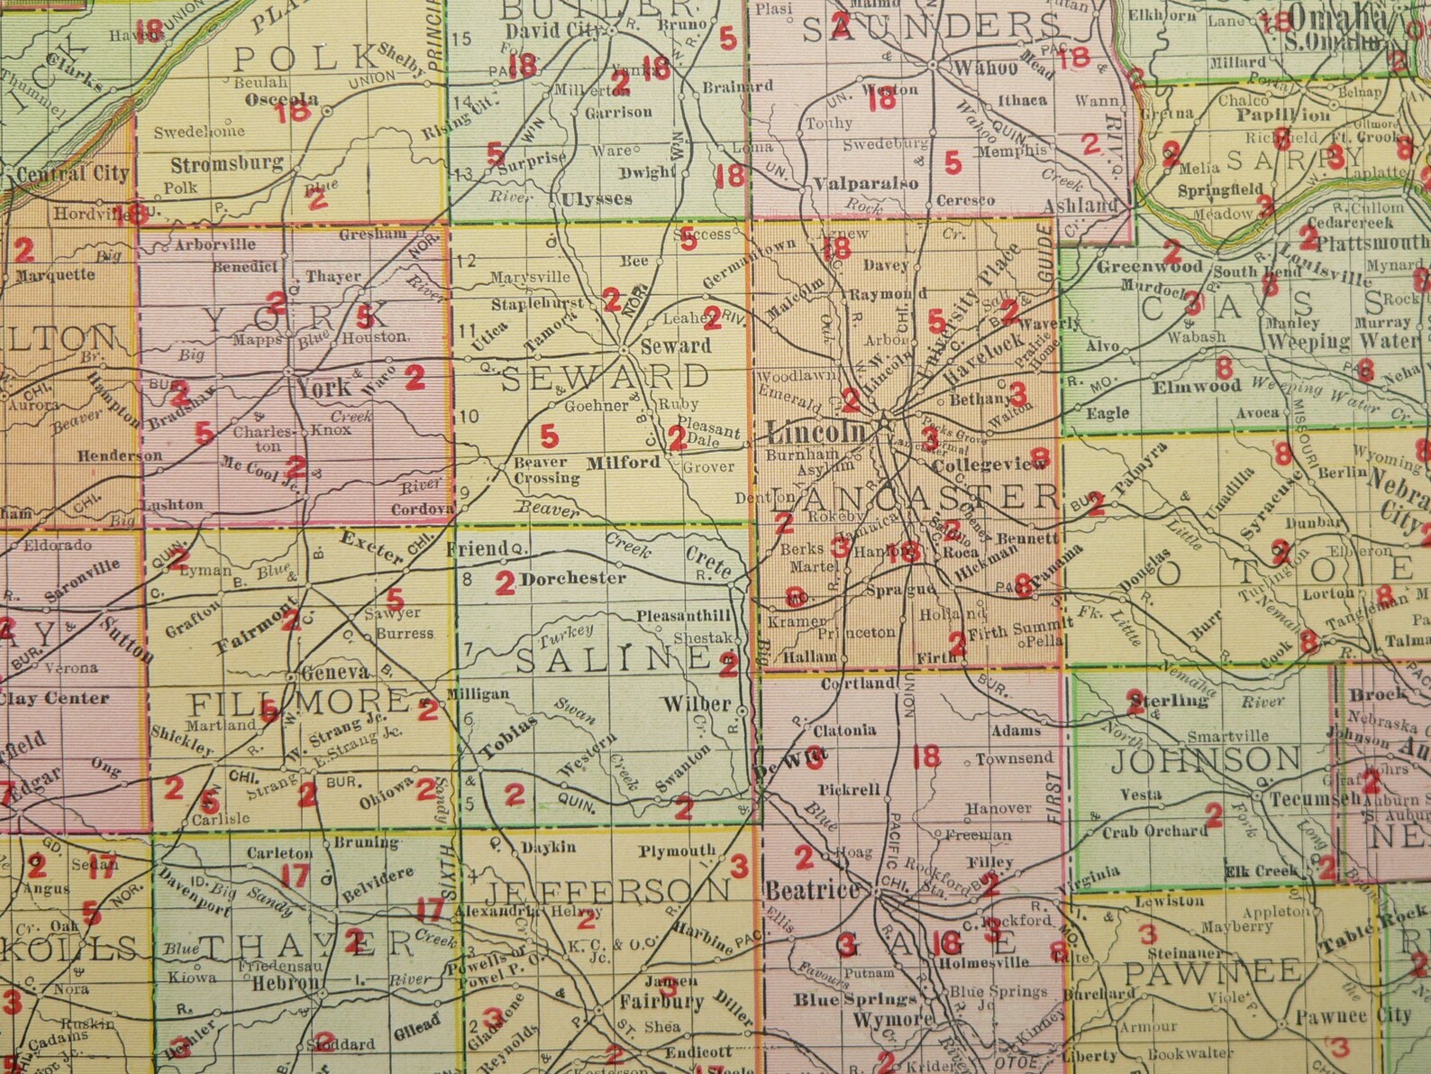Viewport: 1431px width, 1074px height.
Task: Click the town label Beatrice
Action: coord(812,890)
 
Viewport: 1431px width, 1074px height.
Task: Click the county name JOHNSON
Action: coord(1205,760)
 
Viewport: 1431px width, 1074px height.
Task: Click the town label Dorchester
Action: coord(572,578)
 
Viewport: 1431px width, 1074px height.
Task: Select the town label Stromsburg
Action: coord(227,165)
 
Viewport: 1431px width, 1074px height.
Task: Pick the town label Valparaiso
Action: coord(866,183)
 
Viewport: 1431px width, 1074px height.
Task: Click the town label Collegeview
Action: coord(990,464)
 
